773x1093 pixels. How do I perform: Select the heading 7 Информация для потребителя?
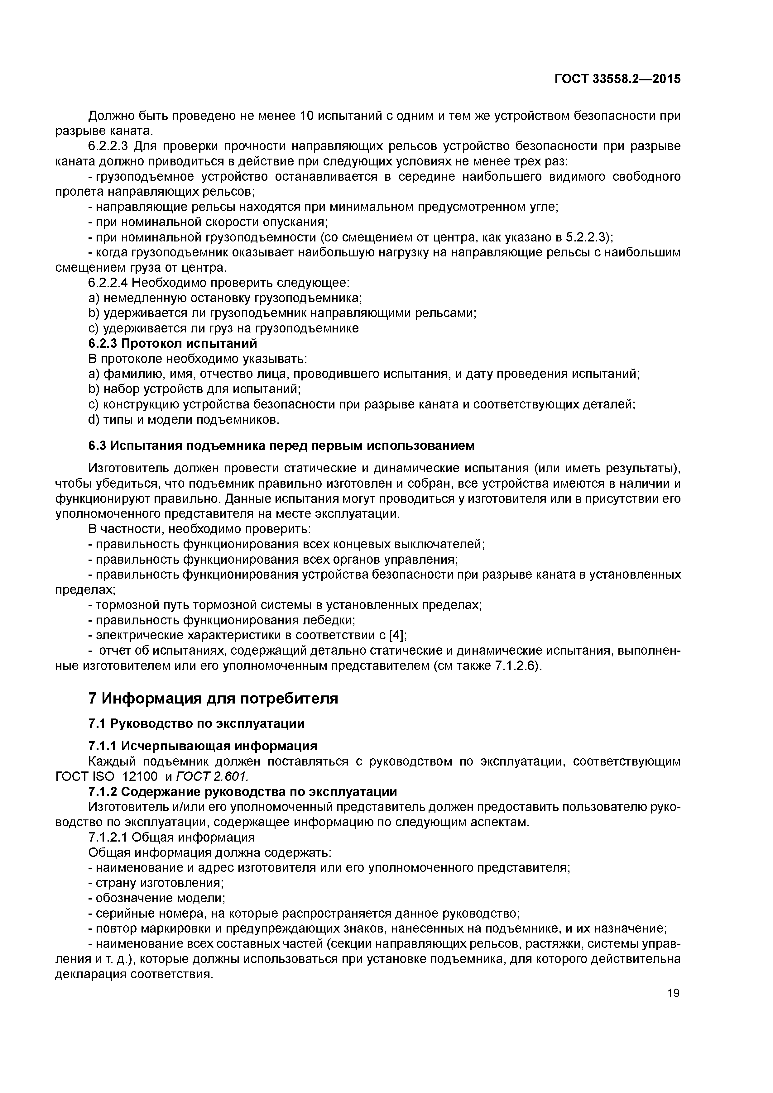214,698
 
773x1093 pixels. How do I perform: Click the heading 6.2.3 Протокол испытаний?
173,343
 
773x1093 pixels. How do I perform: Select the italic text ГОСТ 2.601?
213,776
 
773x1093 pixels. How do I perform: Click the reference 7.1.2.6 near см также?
516,666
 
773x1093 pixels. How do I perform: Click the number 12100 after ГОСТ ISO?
140,776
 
